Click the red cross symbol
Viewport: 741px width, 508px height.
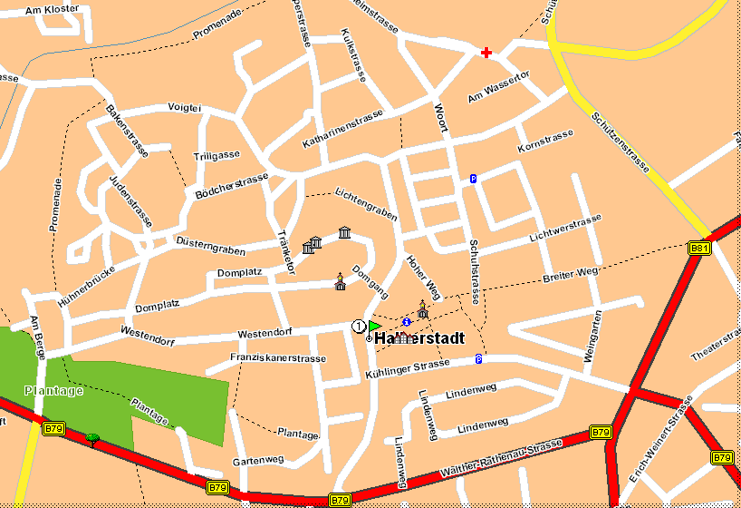click(486, 53)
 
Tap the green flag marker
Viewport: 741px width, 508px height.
click(373, 326)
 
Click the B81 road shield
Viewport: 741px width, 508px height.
click(698, 248)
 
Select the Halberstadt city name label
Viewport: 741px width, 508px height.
click(419, 338)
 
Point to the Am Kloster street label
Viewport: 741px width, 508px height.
click(53, 9)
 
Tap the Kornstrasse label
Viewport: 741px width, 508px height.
click(545, 141)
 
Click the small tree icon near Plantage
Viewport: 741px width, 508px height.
click(92, 440)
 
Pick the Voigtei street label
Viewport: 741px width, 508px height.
click(184, 107)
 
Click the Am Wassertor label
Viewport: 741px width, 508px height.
click(498, 86)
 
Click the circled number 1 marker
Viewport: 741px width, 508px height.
click(359, 326)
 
